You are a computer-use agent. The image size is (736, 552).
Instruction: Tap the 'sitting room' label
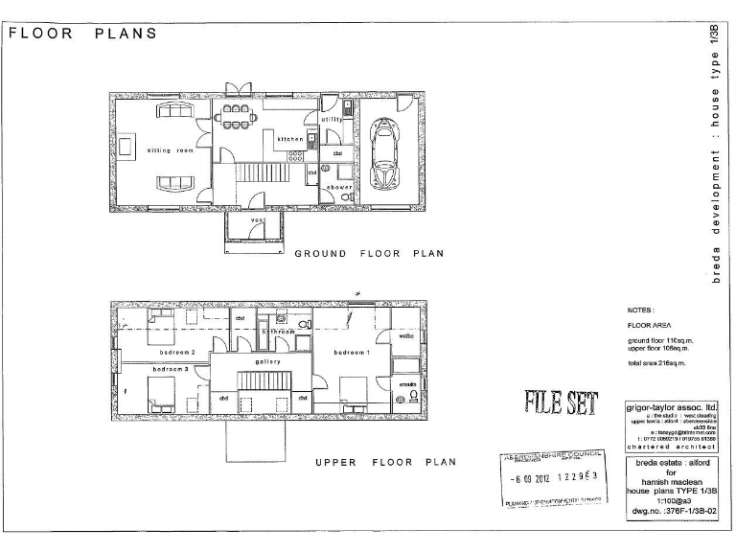171,150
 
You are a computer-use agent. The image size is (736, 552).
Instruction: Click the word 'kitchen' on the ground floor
290,139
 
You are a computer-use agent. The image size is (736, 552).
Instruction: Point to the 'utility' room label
318,120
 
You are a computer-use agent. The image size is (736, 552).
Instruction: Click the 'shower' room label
339,186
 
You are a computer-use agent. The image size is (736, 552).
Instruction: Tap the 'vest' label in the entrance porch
257,219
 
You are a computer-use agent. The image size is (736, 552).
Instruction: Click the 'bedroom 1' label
351,353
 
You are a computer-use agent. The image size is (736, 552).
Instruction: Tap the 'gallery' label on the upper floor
267,361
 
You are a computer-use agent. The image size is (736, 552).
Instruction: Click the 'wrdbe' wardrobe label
405,335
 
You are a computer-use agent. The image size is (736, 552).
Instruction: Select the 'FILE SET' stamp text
561,402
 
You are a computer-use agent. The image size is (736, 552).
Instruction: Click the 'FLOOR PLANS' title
82,34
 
